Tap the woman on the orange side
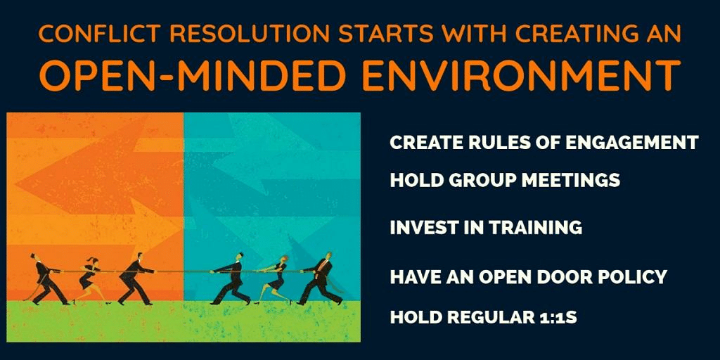click(x=91, y=280)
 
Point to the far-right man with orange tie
click(x=321, y=278)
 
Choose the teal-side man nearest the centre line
click(x=231, y=278)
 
